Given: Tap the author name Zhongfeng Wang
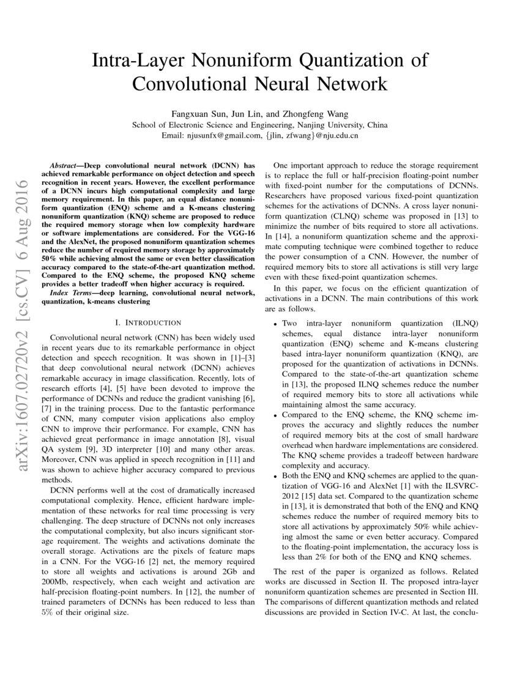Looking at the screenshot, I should (305, 114).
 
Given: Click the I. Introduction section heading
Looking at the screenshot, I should (147, 322).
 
